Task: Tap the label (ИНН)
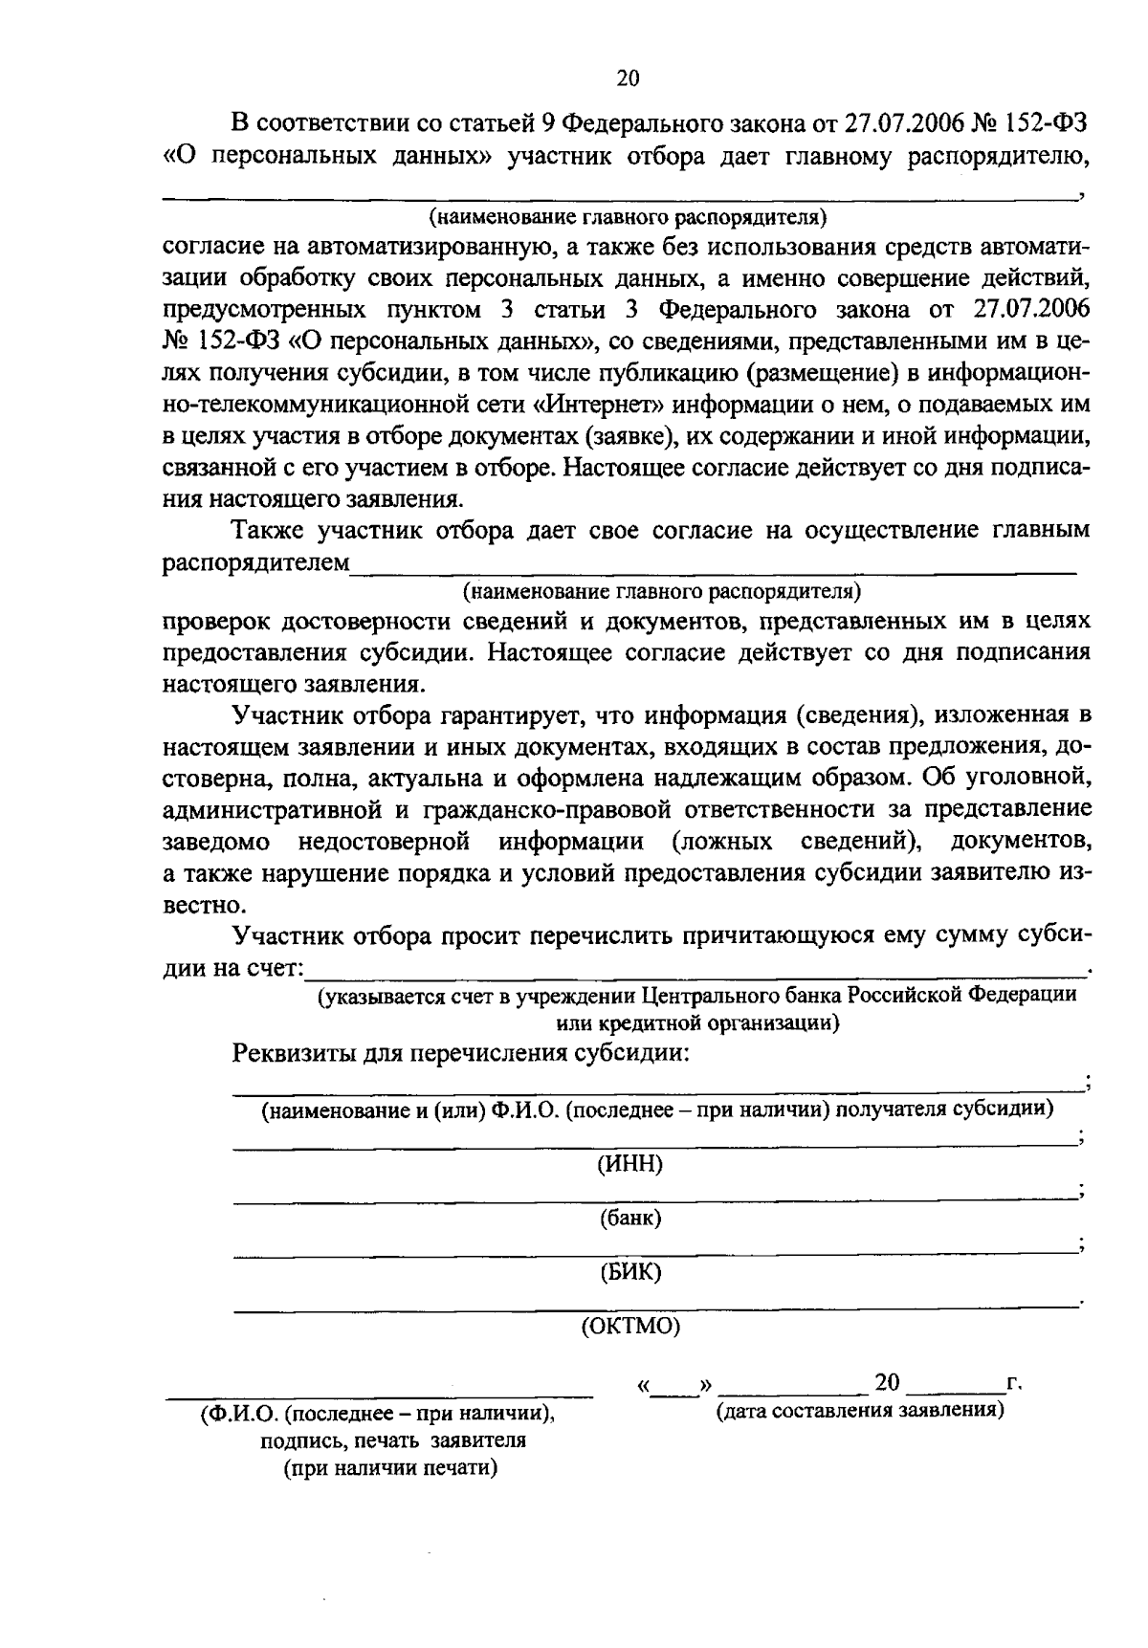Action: tap(629, 1164)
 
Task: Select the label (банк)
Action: tap(630, 1219)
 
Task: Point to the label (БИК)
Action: tap(629, 1273)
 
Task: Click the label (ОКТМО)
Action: tap(630, 1327)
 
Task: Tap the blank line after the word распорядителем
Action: tap(713, 572)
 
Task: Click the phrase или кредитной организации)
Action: tap(698, 1022)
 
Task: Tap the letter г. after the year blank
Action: tap(1015, 1383)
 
